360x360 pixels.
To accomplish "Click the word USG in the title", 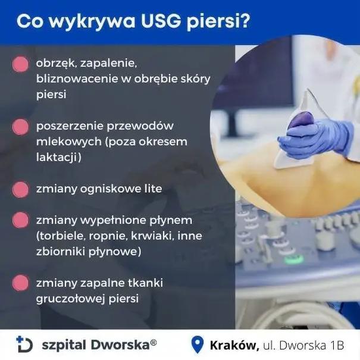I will coord(169,21).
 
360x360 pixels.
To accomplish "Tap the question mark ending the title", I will coord(245,21).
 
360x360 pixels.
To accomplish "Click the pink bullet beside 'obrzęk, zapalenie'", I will coord(21,64).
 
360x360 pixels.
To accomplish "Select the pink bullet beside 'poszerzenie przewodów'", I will coord(21,127).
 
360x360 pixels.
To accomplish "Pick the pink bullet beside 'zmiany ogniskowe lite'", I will coord(21,189).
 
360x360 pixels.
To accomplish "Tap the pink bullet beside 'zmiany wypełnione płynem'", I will coord(21,221).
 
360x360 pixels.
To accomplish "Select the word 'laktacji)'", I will coord(59,158).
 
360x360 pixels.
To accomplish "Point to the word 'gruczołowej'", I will coord(70,299).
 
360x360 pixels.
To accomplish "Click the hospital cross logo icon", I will coord(24,343).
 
